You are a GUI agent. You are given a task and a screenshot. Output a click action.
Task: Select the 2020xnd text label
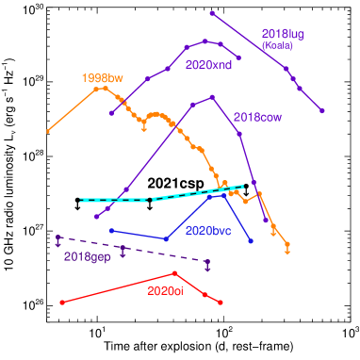209,65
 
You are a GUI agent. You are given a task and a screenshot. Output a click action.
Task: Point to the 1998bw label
104,77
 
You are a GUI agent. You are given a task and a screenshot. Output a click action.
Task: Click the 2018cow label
257,118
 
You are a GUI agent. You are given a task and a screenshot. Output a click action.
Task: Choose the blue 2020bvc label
208,230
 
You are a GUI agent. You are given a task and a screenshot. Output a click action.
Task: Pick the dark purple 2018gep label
88,256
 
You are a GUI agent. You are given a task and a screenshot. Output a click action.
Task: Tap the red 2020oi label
165,291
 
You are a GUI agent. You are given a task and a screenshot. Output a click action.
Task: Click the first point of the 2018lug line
212,13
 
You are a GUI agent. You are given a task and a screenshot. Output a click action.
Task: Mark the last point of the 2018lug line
322,111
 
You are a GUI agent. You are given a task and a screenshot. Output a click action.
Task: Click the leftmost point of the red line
62,302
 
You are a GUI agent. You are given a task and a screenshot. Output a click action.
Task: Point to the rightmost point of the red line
221,303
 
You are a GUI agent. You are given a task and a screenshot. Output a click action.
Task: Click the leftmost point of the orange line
48,131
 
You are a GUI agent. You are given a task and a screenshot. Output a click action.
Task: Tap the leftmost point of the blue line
111,230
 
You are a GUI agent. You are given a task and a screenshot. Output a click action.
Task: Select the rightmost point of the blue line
251,241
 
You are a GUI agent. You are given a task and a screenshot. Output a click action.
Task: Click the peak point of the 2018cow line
213,96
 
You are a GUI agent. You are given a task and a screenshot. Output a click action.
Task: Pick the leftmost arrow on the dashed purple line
58,240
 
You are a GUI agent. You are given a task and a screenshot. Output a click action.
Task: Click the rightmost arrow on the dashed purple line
207,264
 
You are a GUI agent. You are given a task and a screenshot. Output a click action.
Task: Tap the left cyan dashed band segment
114,200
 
